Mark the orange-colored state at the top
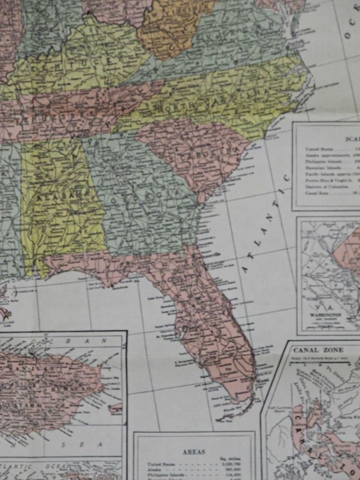click(173, 24)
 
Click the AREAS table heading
click(194, 452)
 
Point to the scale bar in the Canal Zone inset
click(326, 364)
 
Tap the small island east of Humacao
click(115, 408)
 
